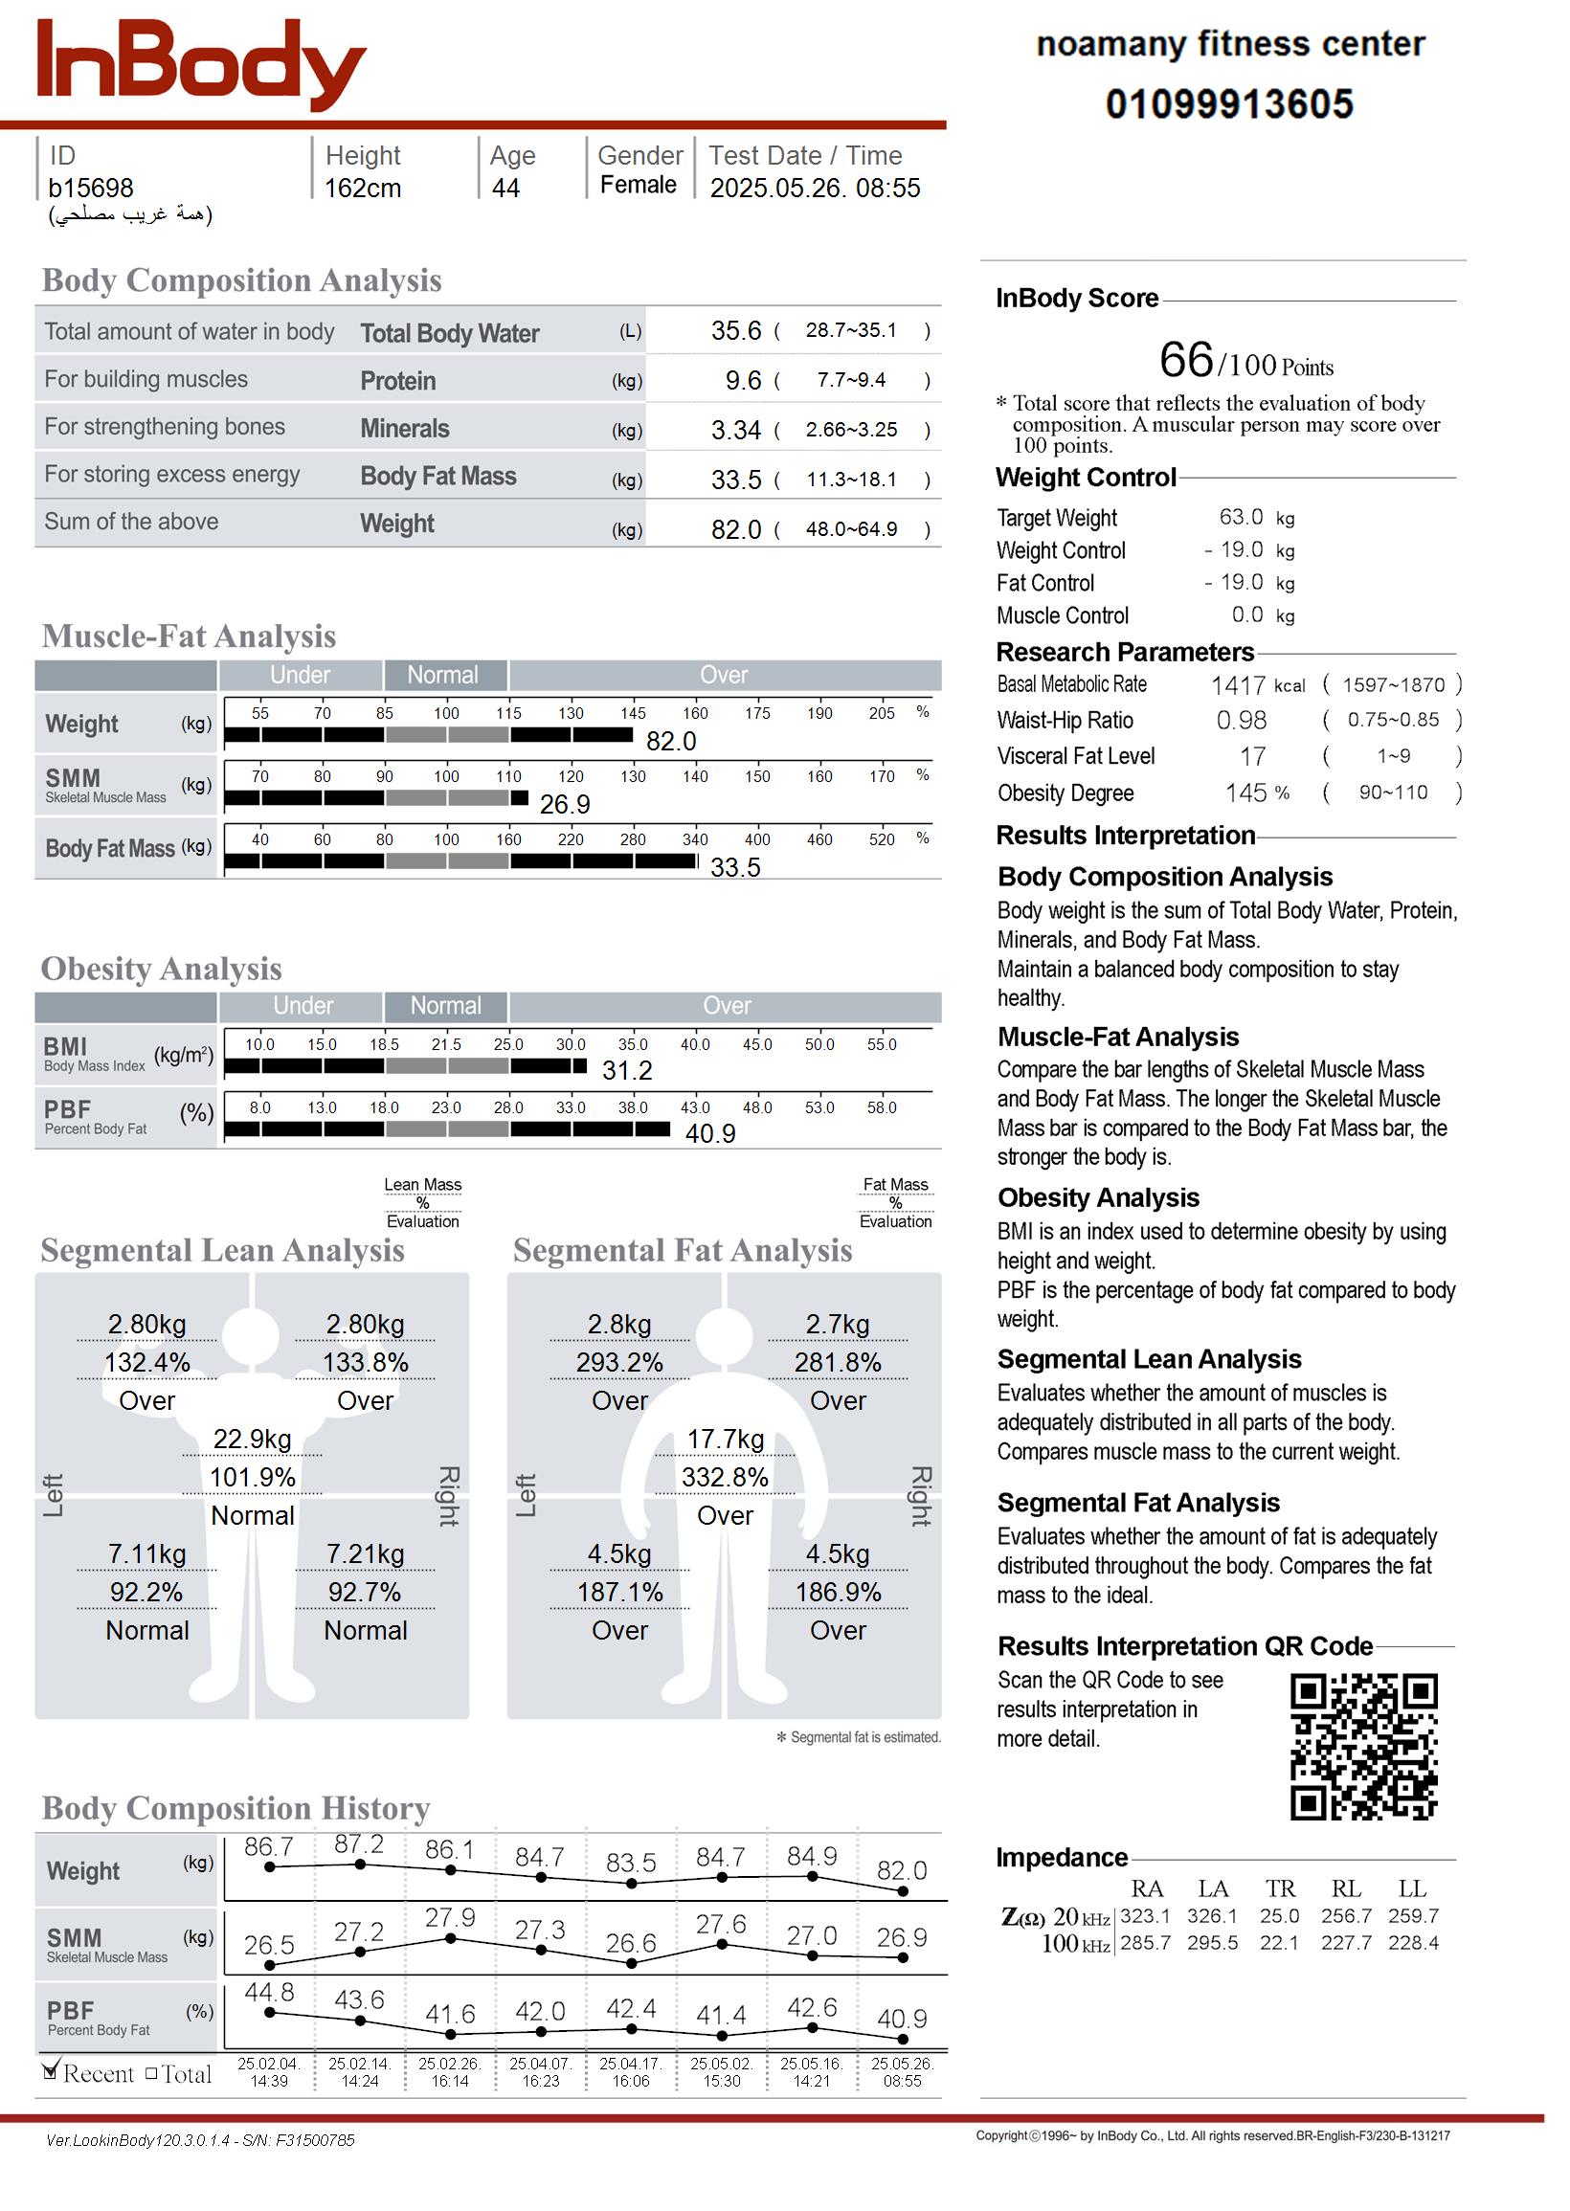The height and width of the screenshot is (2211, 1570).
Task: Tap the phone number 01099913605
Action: coord(1229,104)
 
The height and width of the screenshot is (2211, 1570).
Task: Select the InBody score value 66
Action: coord(1185,360)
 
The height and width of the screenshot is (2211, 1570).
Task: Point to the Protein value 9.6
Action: coord(743,381)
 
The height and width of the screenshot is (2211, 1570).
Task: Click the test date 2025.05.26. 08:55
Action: coord(814,189)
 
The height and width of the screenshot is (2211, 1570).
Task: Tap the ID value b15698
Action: coord(91,189)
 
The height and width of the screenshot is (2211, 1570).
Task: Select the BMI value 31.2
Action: coord(626,1071)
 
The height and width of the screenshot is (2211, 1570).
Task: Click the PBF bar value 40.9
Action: coord(709,1133)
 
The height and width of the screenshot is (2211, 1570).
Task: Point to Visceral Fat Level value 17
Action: coord(1252,757)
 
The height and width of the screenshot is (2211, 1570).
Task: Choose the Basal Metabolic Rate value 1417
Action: coord(1238,685)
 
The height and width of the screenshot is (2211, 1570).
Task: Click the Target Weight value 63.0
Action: coord(1241,517)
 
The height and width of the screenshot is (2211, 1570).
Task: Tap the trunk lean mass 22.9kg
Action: coord(253,1440)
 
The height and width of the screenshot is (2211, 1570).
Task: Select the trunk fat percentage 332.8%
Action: coord(724,1478)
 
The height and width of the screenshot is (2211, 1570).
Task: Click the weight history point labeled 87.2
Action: coord(360,1865)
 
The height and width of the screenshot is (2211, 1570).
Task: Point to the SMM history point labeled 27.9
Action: coord(451,1938)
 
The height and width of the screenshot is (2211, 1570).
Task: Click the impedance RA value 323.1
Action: coord(1145,1916)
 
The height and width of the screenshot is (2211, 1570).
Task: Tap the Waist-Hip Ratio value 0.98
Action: coord(1241,721)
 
